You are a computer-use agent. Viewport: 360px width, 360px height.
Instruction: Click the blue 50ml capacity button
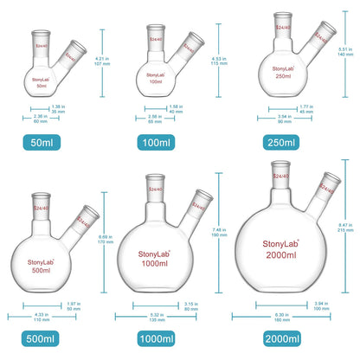coord(42,141)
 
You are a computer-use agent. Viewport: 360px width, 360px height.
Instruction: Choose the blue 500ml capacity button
coord(42,337)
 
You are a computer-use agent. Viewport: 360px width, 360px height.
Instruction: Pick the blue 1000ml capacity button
coord(161,337)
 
